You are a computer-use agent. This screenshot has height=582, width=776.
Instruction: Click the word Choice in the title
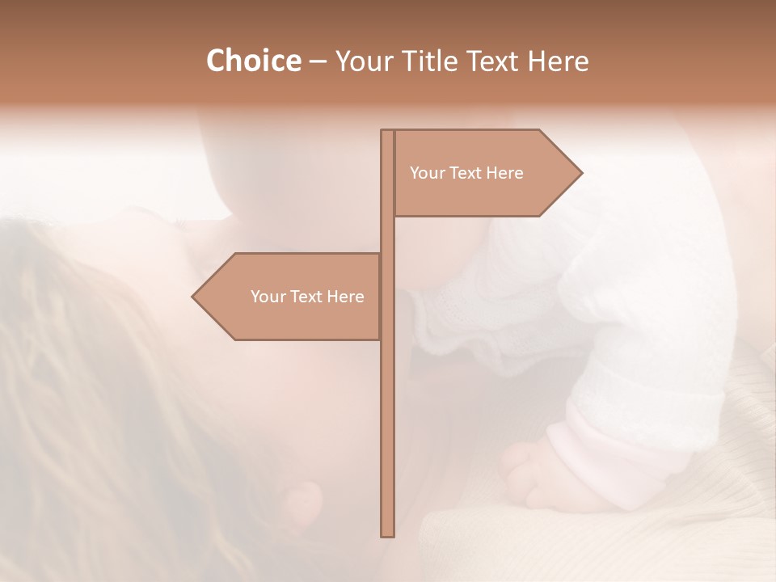253,61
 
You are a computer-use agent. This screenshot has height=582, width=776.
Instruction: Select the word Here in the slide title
558,61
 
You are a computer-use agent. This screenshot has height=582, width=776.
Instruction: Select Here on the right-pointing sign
504,173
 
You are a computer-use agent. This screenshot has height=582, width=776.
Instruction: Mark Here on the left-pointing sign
345,297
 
